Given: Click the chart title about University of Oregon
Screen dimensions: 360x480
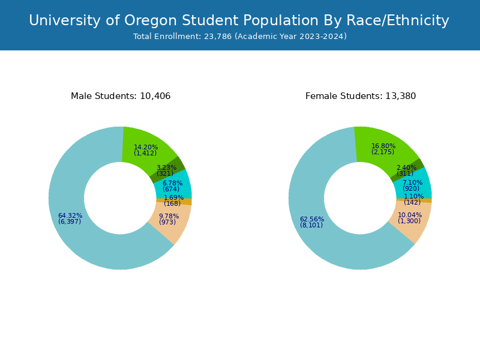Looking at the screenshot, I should [x=239, y=21].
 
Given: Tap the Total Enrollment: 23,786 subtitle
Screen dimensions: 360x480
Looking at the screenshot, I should [x=239, y=37].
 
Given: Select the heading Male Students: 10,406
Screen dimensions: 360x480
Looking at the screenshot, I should [x=121, y=96].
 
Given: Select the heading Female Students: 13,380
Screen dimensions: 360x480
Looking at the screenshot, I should [x=361, y=96].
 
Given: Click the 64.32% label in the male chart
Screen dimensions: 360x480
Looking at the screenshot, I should [x=70, y=216].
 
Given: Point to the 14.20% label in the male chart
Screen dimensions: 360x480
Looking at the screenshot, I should [x=146, y=148].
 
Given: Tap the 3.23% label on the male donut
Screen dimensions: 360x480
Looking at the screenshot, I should [x=166, y=168].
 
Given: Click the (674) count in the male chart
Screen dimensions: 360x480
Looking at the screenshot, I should [x=171, y=190].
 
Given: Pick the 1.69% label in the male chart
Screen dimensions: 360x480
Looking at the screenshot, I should [x=173, y=198].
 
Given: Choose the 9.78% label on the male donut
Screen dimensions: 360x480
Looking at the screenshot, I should [x=169, y=217].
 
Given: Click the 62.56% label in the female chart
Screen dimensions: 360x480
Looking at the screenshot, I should [x=312, y=220].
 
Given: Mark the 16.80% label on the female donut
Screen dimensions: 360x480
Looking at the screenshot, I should [x=383, y=146].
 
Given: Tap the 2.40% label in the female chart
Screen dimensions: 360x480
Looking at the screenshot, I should [x=406, y=168].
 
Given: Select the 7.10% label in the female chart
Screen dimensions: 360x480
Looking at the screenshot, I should [x=412, y=183].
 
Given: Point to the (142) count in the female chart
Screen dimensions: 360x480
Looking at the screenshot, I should [x=412, y=203].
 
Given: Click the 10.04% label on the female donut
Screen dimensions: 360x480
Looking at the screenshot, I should [x=410, y=215].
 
